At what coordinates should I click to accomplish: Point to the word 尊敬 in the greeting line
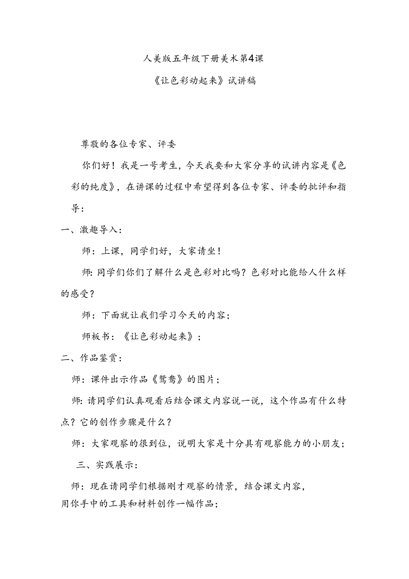click(x=91, y=144)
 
